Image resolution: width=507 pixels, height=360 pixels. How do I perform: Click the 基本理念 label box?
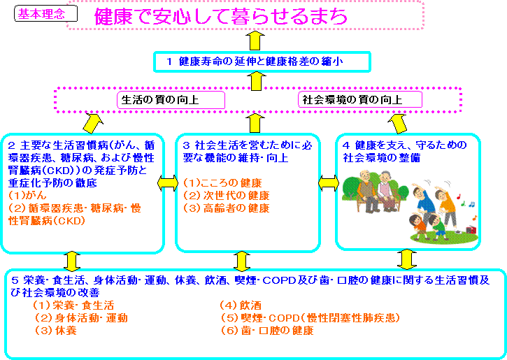pos(46,14)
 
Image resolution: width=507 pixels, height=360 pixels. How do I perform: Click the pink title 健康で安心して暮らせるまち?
pos(221,17)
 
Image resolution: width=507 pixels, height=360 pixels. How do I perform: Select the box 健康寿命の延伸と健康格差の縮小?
pos(262,62)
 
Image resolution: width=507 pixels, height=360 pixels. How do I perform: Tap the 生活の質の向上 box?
pos(171,100)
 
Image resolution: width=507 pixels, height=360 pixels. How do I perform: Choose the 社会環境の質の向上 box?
pos(360,100)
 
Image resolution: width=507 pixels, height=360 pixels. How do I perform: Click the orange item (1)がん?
pos(27,196)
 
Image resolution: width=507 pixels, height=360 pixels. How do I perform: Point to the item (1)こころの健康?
pos(222,183)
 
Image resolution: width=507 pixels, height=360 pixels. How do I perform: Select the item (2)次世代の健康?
pos(227,196)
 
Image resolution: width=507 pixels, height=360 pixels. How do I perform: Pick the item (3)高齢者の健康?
pos(227,208)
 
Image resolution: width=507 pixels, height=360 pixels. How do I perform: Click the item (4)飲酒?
pos(241,305)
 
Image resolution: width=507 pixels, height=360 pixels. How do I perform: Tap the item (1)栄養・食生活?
pos(73,305)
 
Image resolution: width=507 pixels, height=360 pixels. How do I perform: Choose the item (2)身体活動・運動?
pos(81,318)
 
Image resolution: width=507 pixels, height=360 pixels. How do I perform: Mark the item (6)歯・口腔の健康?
pos(267,331)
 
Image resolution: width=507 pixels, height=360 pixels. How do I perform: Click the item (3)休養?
pos(56,331)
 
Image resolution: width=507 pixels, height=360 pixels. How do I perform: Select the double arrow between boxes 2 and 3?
pos(168,183)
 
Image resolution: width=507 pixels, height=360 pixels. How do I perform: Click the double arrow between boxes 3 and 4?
pos(329,184)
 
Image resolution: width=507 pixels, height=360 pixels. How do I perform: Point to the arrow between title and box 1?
pos(255,41)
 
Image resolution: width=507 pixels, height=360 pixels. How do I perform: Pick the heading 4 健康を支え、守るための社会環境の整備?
pos(405,152)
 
